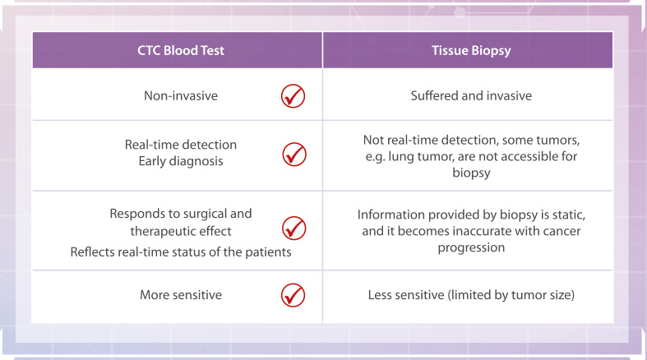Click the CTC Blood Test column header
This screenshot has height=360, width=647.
(181, 50)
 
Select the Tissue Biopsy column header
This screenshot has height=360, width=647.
(471, 51)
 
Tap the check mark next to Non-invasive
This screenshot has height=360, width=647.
(293, 96)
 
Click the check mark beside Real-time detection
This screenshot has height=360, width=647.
(294, 155)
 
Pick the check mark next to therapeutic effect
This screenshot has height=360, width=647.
(294, 228)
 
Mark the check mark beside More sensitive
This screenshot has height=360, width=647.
(293, 295)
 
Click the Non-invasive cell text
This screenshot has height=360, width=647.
(181, 95)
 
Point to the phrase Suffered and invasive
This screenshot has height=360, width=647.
(471, 95)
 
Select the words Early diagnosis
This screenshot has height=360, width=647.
(181, 161)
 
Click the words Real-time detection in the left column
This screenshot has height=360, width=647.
(181, 145)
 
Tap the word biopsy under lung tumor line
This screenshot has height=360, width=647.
(471, 173)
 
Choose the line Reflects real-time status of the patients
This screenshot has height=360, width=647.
(181, 252)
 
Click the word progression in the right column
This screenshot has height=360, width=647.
(471, 247)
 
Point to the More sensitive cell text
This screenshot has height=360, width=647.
(181, 295)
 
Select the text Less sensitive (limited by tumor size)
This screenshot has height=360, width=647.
(471, 295)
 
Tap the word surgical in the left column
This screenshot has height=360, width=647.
(205, 214)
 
